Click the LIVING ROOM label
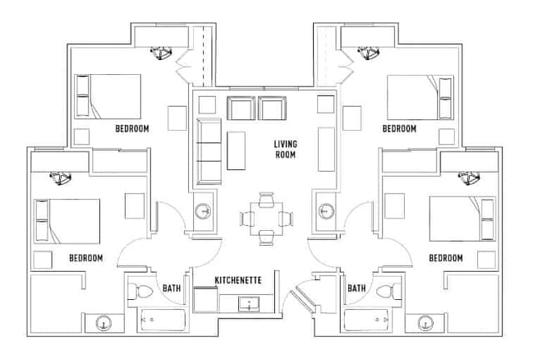286,149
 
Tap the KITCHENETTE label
238,280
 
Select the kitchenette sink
249,304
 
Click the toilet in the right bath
385,292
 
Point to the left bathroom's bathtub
162,320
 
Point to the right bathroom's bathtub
366,320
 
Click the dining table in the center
266,218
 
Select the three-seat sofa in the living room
209,152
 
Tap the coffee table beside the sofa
237,151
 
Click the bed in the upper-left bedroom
107,97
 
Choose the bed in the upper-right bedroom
421,97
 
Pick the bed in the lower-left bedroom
67,222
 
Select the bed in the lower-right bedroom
462,218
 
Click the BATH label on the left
172,288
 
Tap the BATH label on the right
356,288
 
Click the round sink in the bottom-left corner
103,322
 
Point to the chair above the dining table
266,199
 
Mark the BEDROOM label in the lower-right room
446,258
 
